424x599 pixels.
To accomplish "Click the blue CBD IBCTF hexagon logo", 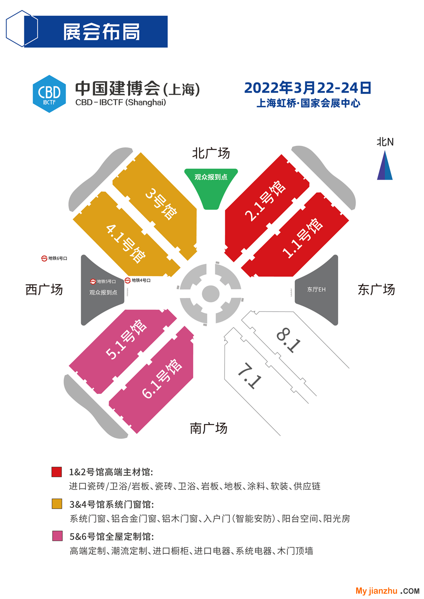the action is (x=49, y=94).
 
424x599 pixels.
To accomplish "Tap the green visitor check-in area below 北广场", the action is (x=211, y=187).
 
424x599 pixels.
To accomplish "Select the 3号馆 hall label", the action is (x=161, y=204).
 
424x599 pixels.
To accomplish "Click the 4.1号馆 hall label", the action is (x=126, y=243).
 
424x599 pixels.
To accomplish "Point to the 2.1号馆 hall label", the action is (x=265, y=201).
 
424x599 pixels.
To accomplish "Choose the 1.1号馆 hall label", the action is (x=302, y=238).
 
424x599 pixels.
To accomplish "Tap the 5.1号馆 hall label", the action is (x=126, y=339).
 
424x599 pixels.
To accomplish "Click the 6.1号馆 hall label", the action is (x=162, y=378).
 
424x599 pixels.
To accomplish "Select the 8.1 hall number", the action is (x=288, y=340).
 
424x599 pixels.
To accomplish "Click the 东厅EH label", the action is (x=316, y=289).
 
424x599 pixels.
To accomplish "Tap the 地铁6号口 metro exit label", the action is (x=54, y=258).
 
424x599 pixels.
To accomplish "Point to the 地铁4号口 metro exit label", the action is (x=138, y=280).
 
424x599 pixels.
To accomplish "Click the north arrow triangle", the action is (x=385, y=166).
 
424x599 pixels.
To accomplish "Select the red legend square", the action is (x=57, y=472).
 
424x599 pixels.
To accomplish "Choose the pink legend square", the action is (x=58, y=536).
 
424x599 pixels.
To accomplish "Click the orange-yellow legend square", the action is (x=57, y=504).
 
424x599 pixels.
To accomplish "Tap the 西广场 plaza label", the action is (x=44, y=290).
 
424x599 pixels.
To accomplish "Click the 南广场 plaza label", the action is (x=208, y=428).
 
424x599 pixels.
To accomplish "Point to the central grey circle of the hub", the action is (x=211, y=294).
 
